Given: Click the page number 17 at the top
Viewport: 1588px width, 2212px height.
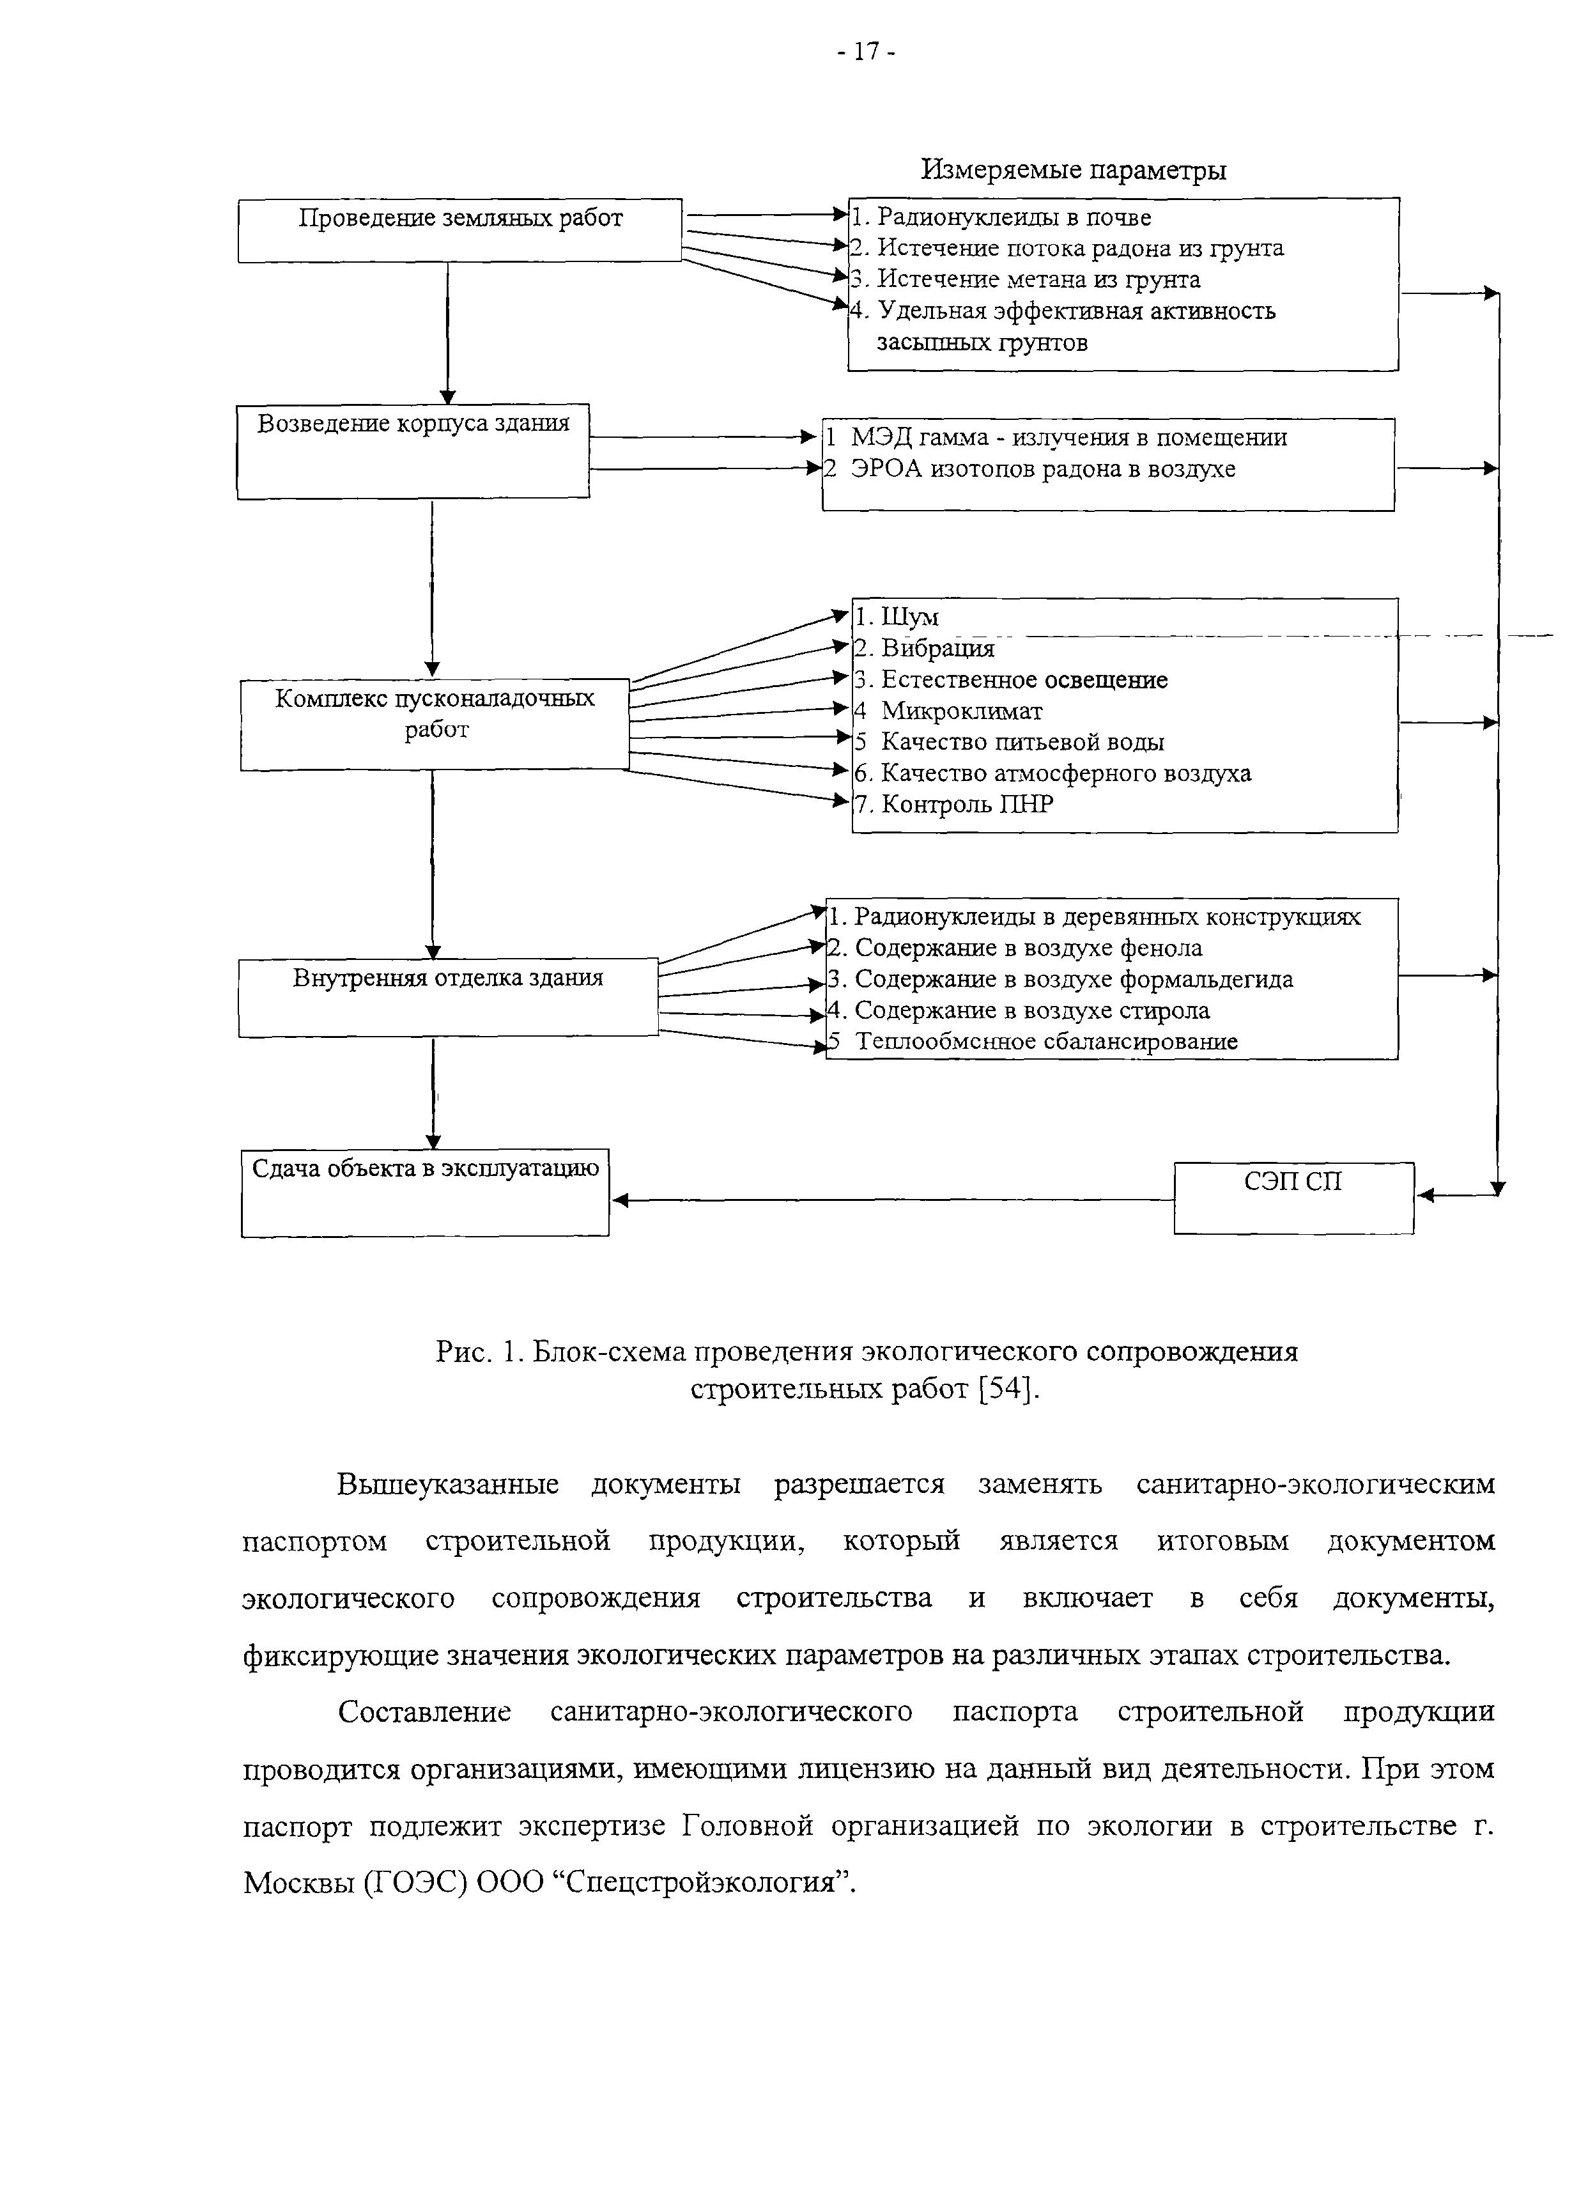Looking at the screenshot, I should coord(865,52).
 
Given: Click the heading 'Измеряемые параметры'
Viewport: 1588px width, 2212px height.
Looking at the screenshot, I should coord(1073,171).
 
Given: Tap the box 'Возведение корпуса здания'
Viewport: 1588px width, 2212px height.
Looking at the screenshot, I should coord(413,451).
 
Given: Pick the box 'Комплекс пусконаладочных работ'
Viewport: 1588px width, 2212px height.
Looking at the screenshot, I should coord(435,723).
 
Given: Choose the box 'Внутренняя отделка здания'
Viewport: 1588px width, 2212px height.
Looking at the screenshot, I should coord(448,997).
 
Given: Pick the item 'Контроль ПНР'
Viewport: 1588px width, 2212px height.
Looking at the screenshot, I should coord(966,805).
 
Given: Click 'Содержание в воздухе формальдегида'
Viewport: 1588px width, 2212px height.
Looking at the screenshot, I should coord(1073,979).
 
